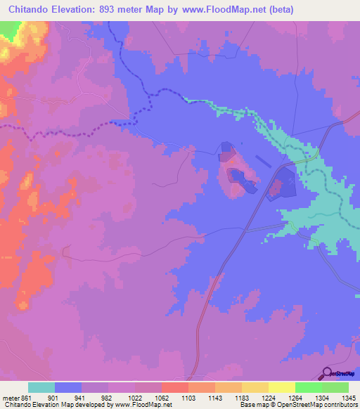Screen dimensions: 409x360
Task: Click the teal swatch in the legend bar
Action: [x=41, y=387]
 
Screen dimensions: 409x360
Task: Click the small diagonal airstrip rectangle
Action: [x=263, y=161]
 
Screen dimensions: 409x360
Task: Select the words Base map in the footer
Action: [x=250, y=404]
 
